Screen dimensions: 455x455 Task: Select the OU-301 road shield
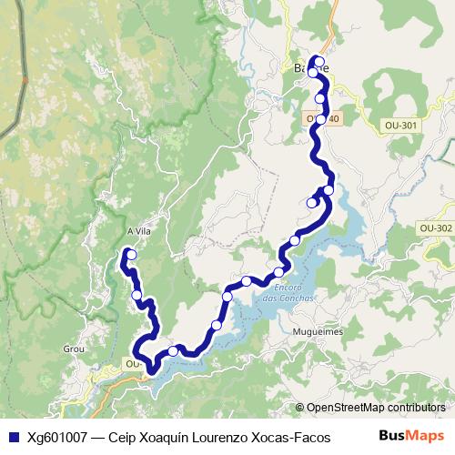point(400,125)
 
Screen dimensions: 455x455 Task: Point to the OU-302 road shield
point(434,227)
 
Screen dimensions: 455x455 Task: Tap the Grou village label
point(74,348)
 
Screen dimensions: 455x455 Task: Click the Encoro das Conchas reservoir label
point(288,293)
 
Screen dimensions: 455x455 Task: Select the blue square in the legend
point(13,436)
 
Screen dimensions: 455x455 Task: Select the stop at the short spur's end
point(312,203)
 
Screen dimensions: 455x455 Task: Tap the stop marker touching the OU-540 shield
point(321,118)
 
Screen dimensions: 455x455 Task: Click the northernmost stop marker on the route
point(318,62)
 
